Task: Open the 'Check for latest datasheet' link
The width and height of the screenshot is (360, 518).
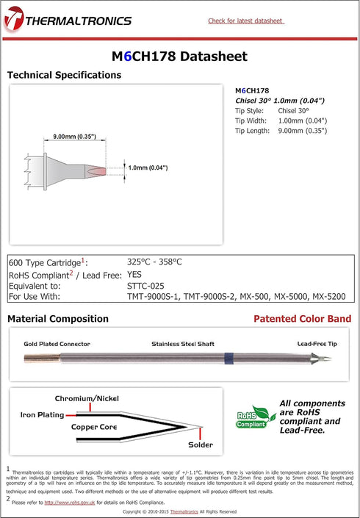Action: pos(245,21)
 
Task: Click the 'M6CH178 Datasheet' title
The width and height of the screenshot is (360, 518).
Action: pos(179,57)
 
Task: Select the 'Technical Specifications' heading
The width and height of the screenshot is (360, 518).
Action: pos(64,75)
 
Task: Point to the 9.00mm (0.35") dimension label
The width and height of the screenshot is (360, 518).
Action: pos(74,137)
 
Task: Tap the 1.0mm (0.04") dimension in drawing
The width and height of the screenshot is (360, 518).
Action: pos(148,168)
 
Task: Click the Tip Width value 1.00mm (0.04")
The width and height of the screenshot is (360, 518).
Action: pos(302,120)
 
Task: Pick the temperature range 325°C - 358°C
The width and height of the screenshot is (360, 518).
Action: pos(154,262)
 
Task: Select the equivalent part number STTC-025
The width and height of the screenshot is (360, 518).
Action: pos(147,285)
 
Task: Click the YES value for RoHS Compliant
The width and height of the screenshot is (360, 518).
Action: pos(136,273)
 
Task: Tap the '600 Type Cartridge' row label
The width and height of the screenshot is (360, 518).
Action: pos(46,262)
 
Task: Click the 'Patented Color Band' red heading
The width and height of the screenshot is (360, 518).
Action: pos(302,319)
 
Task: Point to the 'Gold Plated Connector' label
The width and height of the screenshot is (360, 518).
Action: pos(57,343)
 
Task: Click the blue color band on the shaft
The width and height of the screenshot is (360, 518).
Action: pos(229,359)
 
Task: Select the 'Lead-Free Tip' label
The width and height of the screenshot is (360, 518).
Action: pos(316,343)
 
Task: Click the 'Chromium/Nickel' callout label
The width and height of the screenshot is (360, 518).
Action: pos(86,398)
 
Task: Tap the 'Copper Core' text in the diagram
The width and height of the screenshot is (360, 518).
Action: pos(95,426)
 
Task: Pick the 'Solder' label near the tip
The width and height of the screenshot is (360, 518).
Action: pos(200,445)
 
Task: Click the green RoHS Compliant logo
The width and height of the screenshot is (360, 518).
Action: pos(251,420)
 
